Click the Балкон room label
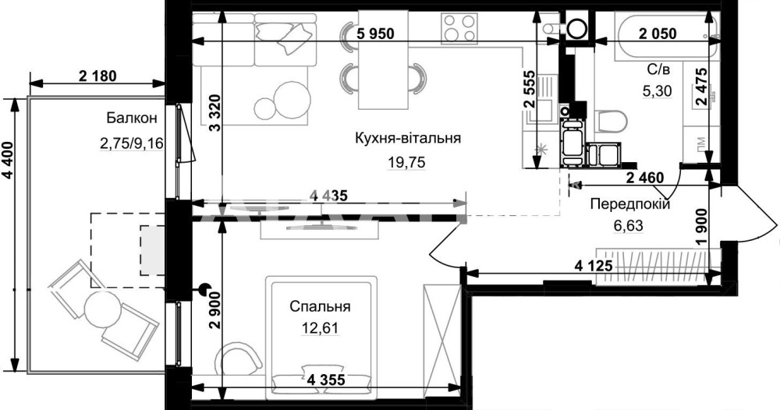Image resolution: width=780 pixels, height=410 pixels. [x=131, y=118]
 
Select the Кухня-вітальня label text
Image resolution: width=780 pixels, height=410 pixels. [x=408, y=138]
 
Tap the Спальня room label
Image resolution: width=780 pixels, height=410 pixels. [x=321, y=306]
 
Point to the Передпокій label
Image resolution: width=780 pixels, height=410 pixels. [x=630, y=203]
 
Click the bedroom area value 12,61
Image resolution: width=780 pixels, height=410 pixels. [x=321, y=328]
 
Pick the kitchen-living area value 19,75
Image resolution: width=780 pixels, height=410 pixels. [x=407, y=163]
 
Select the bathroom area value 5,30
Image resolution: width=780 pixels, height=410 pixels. [x=657, y=90]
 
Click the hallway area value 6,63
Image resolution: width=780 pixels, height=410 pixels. [x=629, y=226]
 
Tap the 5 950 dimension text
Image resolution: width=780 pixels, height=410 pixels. [x=376, y=34]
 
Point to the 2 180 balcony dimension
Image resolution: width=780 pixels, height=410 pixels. [x=97, y=76]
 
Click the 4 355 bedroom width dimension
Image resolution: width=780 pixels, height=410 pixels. [x=326, y=380]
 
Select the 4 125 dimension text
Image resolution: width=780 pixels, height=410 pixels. [x=593, y=267]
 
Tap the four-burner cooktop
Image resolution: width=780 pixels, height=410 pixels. [x=459, y=27]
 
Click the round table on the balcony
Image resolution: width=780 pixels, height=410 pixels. [x=102, y=309]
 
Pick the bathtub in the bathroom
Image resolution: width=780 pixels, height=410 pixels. [x=667, y=37]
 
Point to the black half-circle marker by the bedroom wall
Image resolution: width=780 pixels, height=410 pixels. [x=204, y=288]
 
